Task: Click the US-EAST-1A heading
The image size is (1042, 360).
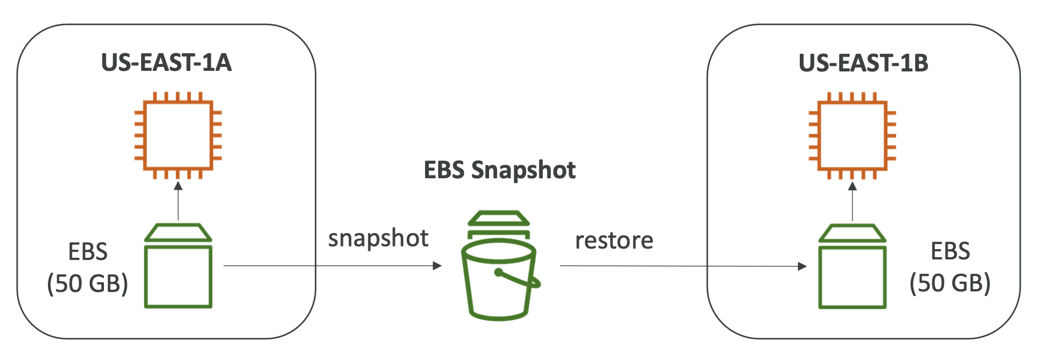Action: tap(166, 63)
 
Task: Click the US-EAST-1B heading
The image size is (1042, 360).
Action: tap(863, 63)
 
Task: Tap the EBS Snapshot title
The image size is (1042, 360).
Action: tap(499, 170)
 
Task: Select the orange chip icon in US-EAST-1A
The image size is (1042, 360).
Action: tap(178, 135)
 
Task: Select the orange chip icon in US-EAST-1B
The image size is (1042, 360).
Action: tap(852, 135)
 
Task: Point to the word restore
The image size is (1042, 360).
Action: tap(614, 241)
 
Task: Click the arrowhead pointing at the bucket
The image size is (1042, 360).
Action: tap(437, 266)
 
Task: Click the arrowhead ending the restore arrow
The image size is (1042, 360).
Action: tap(802, 266)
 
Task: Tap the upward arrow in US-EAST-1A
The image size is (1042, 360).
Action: tap(178, 200)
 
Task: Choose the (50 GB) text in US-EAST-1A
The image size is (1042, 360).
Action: tap(87, 283)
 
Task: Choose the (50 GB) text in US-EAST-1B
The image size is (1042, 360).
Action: tap(950, 283)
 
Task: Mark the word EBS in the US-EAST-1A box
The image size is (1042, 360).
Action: tap(88, 251)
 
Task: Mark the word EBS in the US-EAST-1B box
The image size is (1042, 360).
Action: tap(951, 251)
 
